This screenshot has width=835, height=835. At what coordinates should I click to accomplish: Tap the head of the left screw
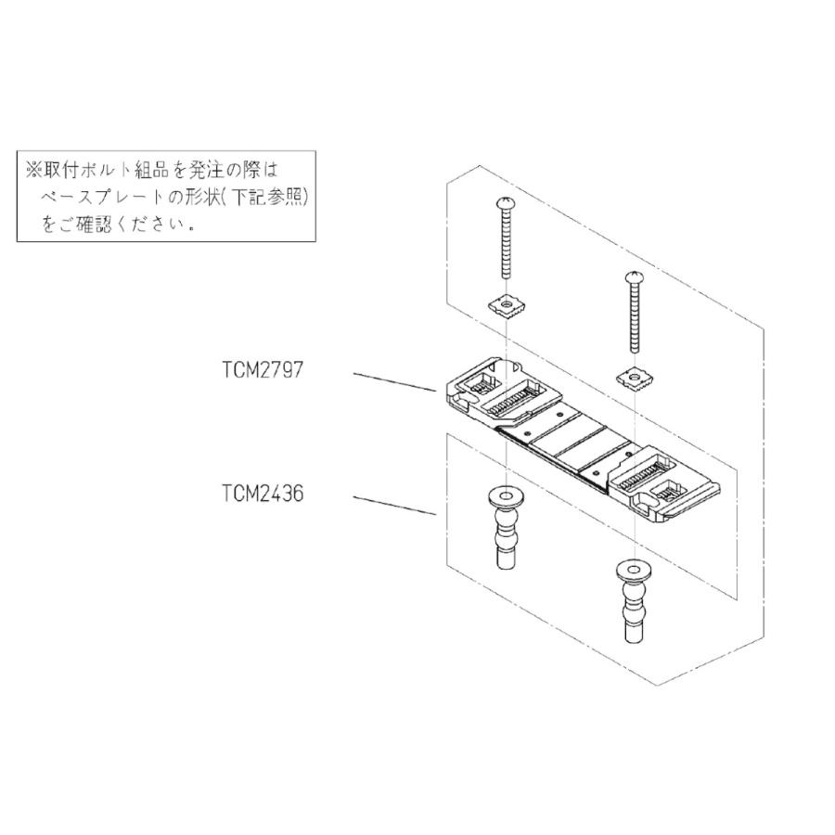[507, 201]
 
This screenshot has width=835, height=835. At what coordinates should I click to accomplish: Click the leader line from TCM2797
[394, 383]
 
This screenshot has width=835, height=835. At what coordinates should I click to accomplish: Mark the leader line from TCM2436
[394, 507]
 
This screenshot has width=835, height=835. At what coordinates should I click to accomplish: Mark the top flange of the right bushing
[634, 568]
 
